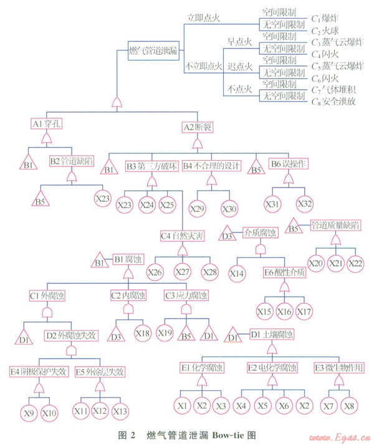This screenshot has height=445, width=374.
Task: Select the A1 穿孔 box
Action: (x=48, y=123)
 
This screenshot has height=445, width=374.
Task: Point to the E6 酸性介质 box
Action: (x=285, y=273)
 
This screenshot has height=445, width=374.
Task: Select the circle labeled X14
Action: (x=237, y=272)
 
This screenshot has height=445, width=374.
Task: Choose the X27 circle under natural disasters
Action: (x=183, y=271)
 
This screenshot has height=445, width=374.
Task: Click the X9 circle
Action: (x=29, y=413)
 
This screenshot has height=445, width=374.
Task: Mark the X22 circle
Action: (x=355, y=264)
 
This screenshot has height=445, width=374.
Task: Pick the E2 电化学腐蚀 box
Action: (x=272, y=367)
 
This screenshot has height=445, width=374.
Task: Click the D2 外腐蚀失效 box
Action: (x=71, y=335)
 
